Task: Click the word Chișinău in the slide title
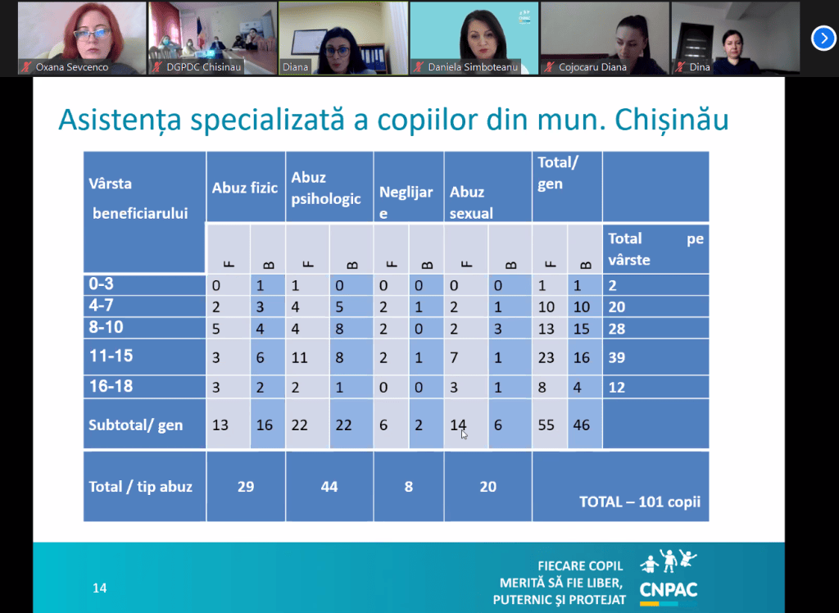click(672, 120)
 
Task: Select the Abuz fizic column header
click(245, 188)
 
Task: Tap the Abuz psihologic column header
click(326, 188)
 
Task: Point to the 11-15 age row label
click(111, 356)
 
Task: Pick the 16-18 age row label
click(111, 386)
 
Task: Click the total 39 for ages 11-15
click(616, 357)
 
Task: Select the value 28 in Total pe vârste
click(616, 328)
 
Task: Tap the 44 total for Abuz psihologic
click(329, 486)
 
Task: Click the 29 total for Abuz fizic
click(246, 486)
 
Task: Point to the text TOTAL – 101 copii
click(640, 502)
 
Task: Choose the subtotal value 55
click(546, 425)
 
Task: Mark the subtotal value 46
click(581, 425)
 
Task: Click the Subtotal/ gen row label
click(135, 425)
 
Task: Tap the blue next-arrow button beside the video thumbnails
click(823, 38)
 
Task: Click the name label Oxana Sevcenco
click(72, 67)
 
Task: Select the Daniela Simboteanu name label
click(473, 67)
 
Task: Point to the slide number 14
click(99, 588)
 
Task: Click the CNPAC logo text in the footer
click(669, 590)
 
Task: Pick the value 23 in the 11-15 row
click(546, 357)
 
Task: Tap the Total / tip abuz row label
click(140, 487)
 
